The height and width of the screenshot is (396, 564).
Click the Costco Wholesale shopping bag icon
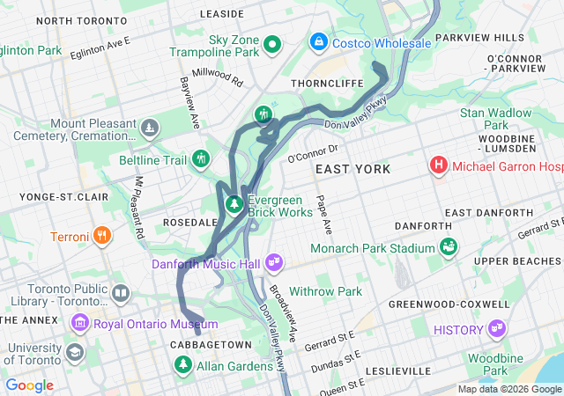click(318, 41)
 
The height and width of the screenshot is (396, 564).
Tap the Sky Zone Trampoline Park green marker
click(273, 43)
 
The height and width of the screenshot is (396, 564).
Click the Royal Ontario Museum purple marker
click(81, 322)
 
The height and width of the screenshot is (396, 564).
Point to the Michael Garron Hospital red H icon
click(438, 165)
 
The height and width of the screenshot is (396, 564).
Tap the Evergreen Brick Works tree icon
click(234, 205)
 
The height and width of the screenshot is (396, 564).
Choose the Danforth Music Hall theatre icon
click(274, 262)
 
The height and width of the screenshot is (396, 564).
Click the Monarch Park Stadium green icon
click(449, 247)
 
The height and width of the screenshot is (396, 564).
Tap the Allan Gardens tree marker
click(183, 364)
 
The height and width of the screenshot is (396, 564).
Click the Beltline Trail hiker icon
click(202, 159)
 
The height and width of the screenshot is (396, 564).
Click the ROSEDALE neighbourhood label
click(189, 223)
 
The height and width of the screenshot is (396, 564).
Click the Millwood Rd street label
click(217, 78)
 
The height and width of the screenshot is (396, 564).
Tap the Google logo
click(30, 385)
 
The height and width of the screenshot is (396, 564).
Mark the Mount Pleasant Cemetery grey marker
click(151, 128)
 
